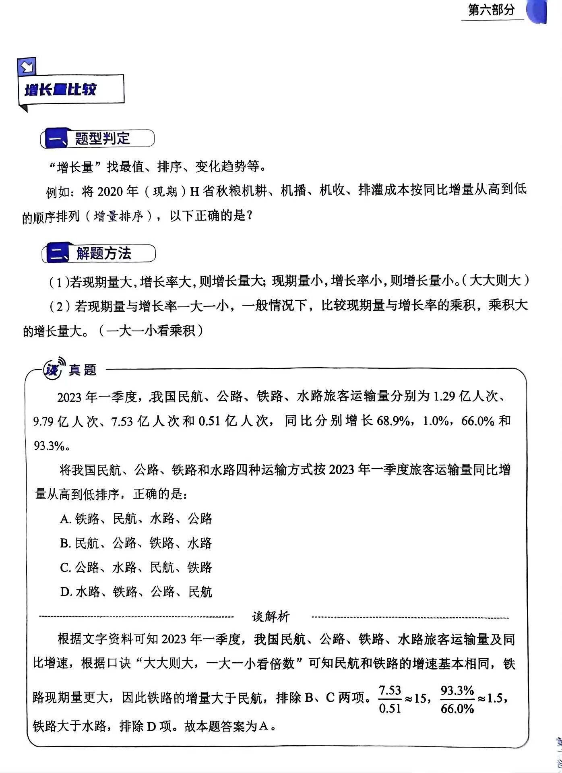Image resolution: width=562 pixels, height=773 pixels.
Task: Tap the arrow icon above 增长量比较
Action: [x=27, y=67]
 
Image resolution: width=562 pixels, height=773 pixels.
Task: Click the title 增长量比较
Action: [x=61, y=90]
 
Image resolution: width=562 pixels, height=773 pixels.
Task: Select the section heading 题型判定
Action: [x=102, y=138]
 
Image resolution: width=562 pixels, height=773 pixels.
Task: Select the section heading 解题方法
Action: [x=103, y=254]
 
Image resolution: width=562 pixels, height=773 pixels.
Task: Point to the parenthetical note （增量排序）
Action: [x=119, y=217]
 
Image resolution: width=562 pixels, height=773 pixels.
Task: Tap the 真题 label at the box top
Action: [x=83, y=370]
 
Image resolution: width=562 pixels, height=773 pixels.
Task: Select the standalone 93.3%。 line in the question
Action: [x=52, y=446]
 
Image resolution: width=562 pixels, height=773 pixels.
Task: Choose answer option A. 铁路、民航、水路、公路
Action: [x=136, y=519]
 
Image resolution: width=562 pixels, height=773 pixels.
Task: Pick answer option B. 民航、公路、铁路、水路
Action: [x=136, y=543]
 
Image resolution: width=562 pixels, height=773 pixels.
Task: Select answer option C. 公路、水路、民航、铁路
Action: [x=136, y=568]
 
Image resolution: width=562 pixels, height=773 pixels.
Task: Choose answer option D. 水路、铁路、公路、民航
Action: [x=136, y=592]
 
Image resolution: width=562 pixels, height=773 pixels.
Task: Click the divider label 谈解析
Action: [x=271, y=616]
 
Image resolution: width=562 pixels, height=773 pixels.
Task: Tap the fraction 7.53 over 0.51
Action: [x=390, y=699]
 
